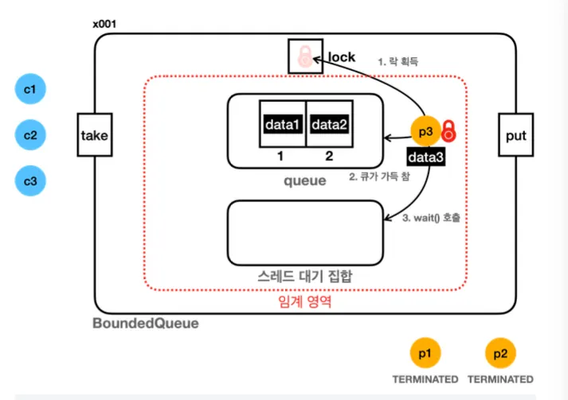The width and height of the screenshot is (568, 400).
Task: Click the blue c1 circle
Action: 30,90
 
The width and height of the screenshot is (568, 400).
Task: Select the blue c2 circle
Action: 30,135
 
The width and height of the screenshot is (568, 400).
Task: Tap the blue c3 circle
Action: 30,181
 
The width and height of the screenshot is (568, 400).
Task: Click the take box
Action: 94,135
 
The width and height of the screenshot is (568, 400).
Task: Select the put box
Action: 515,135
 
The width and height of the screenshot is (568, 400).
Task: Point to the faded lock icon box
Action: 304,56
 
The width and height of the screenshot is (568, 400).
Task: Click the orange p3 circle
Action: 425,132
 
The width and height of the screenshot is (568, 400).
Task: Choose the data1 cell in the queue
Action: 283,125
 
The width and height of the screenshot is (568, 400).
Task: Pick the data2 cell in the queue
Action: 329,125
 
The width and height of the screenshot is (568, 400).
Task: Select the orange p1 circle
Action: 425,352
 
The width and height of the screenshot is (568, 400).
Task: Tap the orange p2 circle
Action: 500,352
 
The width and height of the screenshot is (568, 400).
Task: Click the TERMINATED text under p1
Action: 425,379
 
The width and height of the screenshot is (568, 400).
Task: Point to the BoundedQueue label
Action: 146,324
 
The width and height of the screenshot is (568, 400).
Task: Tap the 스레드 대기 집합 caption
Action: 305,276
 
